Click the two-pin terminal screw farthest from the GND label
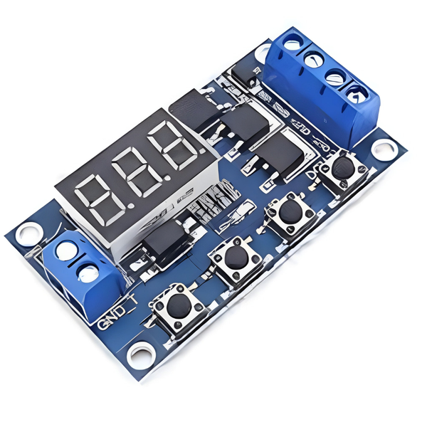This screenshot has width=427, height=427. pos(65,251)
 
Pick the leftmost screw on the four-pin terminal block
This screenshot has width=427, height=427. pos(292,45)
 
